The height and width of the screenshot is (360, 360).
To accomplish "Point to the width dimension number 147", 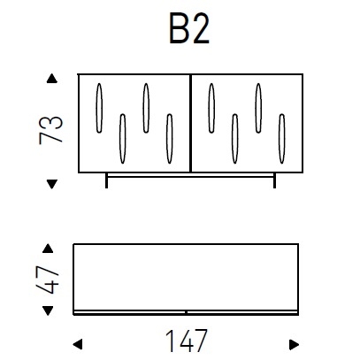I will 187,340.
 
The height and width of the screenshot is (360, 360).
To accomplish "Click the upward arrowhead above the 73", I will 51,80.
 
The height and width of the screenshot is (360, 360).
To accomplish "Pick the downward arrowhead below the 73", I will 51,183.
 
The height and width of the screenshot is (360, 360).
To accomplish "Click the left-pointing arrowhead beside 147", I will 77,341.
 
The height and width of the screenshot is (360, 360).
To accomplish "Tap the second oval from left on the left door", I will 122,138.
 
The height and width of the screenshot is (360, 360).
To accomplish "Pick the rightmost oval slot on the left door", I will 167,138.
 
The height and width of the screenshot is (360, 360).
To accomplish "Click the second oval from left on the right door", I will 234,138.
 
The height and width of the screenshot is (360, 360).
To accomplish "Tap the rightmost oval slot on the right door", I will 280,138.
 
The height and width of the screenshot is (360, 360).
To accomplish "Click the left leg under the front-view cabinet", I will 107,181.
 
